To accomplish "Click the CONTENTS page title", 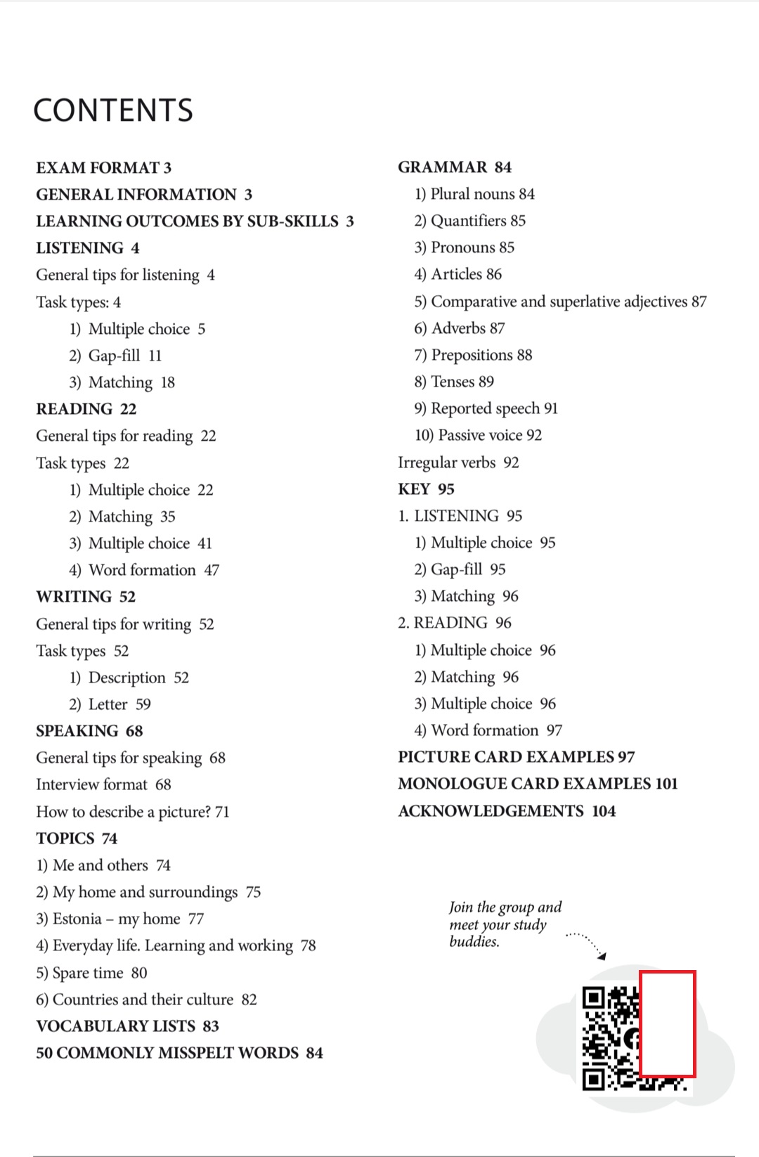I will (x=113, y=110).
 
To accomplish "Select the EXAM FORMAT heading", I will (x=103, y=168).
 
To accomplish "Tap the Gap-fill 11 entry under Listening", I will (x=116, y=356).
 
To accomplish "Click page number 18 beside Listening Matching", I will (x=168, y=382).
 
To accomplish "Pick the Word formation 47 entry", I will (x=145, y=570).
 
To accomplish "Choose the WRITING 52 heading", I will (x=86, y=597).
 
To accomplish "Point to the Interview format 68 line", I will (x=103, y=784).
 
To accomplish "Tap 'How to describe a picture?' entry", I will (x=133, y=812).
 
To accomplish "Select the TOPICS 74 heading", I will (x=77, y=839).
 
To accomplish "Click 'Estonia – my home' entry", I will (x=120, y=919).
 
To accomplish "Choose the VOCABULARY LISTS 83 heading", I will (x=127, y=1026).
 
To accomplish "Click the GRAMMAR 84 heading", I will (x=455, y=167).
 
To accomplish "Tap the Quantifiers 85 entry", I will (x=470, y=221).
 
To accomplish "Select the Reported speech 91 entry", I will (x=486, y=408).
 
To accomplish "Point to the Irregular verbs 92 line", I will (x=458, y=463).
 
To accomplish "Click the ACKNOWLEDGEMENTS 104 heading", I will (x=507, y=811).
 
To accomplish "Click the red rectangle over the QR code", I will (x=667, y=1024).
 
